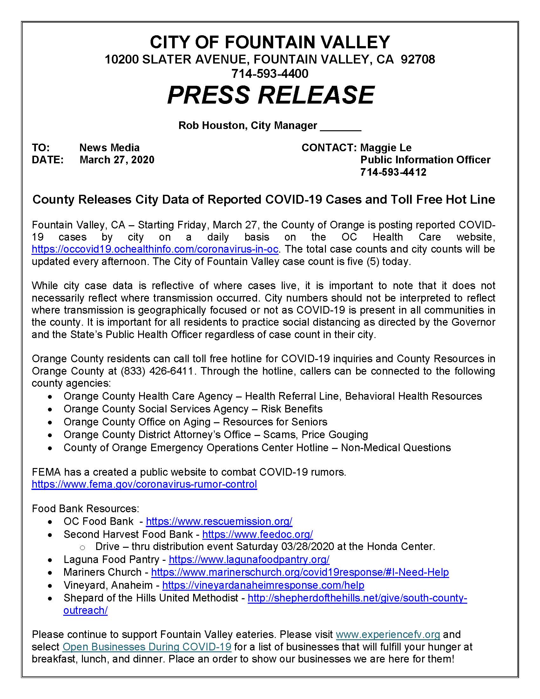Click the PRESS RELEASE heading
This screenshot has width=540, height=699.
tap(270, 95)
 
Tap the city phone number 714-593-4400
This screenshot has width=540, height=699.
tap(270, 74)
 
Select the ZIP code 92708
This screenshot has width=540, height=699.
tap(418, 59)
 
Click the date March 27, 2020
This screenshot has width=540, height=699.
tap(117, 160)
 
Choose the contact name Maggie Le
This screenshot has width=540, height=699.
tap(386, 147)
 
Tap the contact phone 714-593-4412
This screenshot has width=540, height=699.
tap(393, 172)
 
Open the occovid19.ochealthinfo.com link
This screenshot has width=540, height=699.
tap(155, 249)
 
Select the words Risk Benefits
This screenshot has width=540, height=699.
tap(291, 409)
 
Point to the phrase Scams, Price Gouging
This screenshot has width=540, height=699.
tap(315, 434)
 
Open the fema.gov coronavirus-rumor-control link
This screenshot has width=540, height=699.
tap(144, 484)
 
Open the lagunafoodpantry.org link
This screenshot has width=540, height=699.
tap(249, 559)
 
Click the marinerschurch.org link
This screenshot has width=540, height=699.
tap(300, 572)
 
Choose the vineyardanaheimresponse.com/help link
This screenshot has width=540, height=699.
tap(263, 585)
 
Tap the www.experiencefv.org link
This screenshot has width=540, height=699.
tap(388, 635)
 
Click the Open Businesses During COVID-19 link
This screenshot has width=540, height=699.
tap(147, 647)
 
